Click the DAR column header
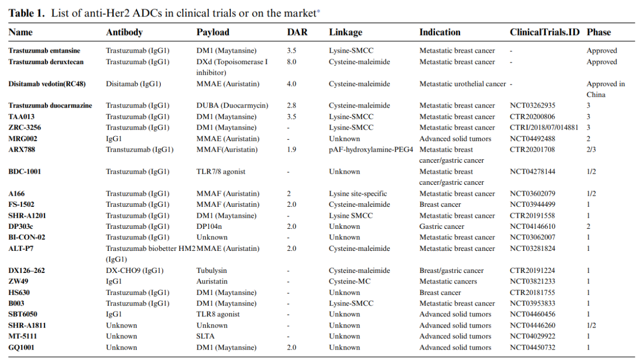(297, 33)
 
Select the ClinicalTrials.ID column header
(544, 33)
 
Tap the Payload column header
(213, 33)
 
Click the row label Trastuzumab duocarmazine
(50, 106)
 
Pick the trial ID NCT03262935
(532, 106)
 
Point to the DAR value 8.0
(291, 62)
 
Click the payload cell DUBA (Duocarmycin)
(232, 106)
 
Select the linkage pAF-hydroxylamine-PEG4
(371, 150)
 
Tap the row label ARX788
(22, 150)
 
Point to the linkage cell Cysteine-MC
(350, 281)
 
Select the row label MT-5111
(23, 336)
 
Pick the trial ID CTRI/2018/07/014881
(544, 128)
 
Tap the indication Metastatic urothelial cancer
(463, 84)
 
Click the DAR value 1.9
(291, 150)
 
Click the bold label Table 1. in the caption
(28, 13)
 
